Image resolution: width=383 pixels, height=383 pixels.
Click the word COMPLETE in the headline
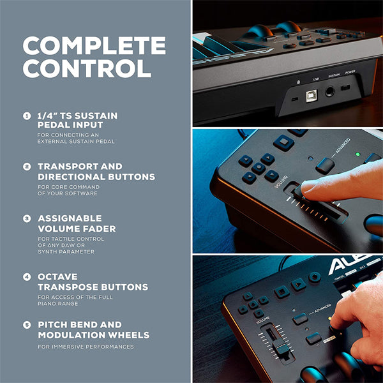pos(94,46)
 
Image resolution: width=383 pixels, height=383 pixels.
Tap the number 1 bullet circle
pos(26,116)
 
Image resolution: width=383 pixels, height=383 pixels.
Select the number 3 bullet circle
pos(26,218)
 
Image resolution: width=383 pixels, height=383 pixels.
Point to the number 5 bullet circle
pos(26,325)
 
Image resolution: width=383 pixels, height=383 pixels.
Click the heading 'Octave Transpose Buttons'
pos(93,282)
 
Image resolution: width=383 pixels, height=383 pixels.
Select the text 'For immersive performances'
pos(86,347)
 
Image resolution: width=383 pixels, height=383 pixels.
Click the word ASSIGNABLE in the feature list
pos(70,218)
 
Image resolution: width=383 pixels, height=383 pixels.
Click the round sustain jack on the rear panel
pos(330,92)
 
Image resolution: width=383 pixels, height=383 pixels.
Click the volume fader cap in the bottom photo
pos(280,349)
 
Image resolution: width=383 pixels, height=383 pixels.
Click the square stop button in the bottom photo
pos(282,292)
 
